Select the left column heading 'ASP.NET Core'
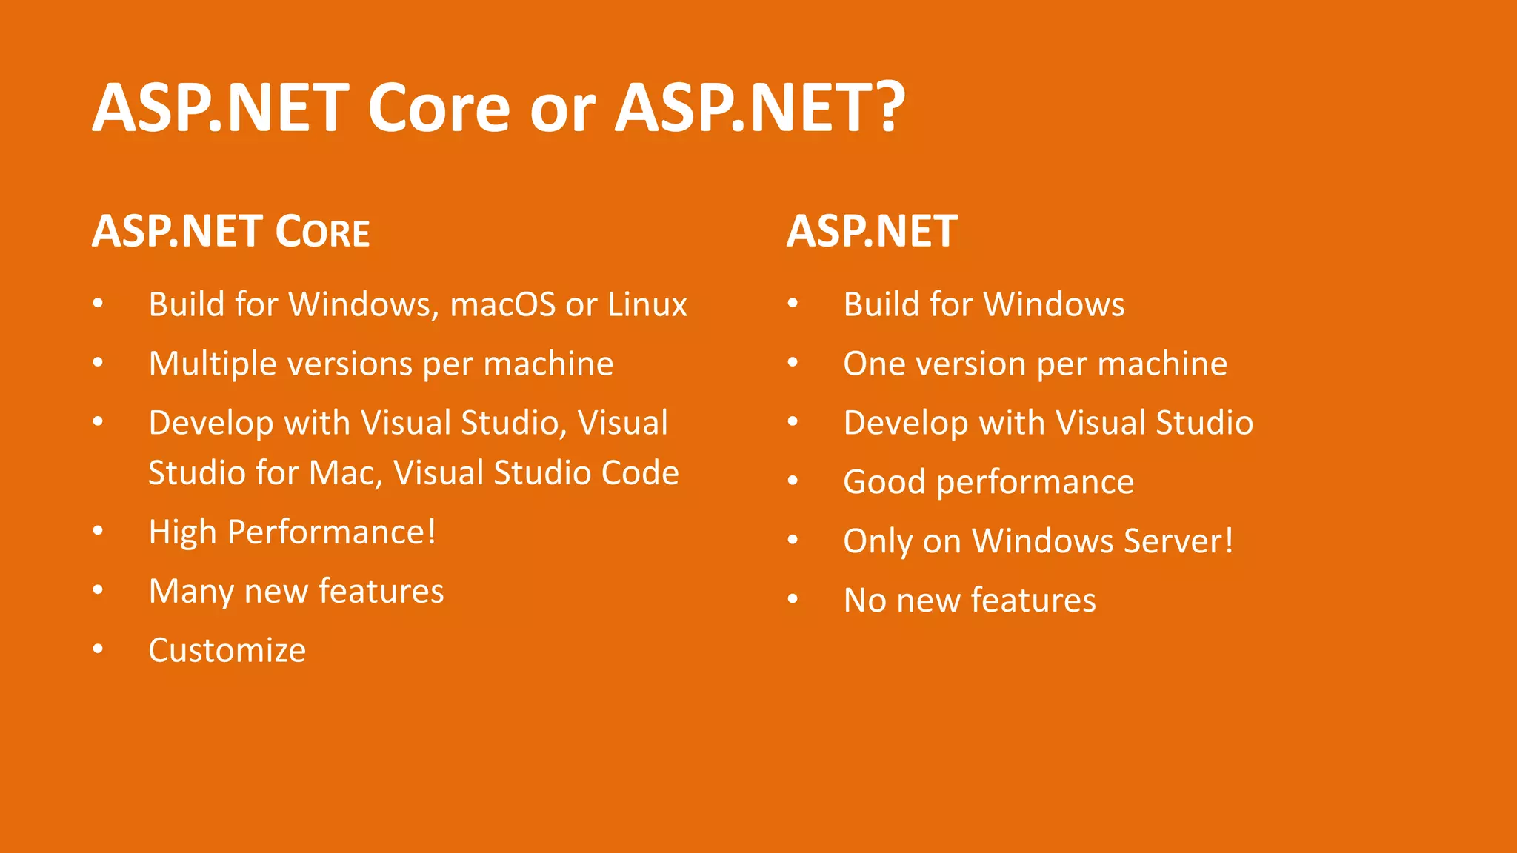pos(230,231)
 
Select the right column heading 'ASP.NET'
pos(872,231)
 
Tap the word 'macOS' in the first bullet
pos(502,304)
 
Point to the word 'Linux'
pos(647,304)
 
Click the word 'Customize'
pos(227,651)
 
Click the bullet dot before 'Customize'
pos(98,649)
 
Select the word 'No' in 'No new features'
pos(864,601)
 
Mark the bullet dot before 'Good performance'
pos(793,481)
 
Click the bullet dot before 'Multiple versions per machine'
pos(98,362)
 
